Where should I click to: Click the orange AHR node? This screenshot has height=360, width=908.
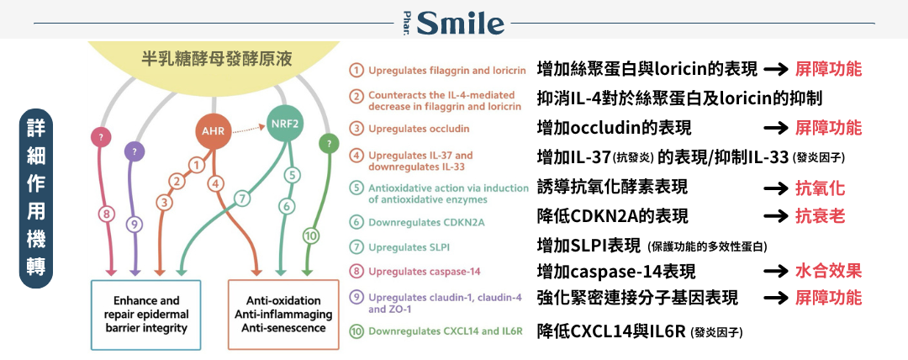(213, 131)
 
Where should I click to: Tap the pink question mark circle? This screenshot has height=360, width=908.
(102, 137)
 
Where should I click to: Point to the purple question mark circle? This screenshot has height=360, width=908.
(135, 151)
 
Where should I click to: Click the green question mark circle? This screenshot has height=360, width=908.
(330, 144)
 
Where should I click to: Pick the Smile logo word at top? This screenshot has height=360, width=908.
(461, 24)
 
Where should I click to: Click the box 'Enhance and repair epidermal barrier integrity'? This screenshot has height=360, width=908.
(146, 315)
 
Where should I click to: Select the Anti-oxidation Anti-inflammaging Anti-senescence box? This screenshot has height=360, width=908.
(283, 315)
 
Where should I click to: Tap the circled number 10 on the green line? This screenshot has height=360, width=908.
(311, 236)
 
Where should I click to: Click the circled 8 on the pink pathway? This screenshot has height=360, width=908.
(105, 214)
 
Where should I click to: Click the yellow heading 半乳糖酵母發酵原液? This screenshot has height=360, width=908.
(217, 59)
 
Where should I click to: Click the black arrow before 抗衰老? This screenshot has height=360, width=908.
(776, 217)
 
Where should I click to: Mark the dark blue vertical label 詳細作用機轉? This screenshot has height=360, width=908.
(36, 199)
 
